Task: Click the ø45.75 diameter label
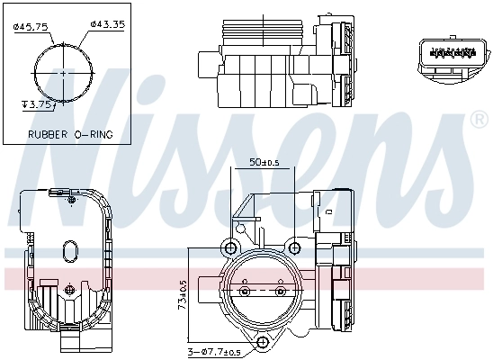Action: [31, 26]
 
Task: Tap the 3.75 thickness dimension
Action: [39, 103]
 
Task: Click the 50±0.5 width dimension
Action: [264, 163]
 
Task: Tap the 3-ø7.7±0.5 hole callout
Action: [217, 351]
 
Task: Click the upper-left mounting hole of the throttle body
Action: [230, 247]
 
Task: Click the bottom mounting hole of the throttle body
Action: [264, 342]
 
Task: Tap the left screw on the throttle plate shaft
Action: [245, 292]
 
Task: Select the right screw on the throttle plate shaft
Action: [281, 292]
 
